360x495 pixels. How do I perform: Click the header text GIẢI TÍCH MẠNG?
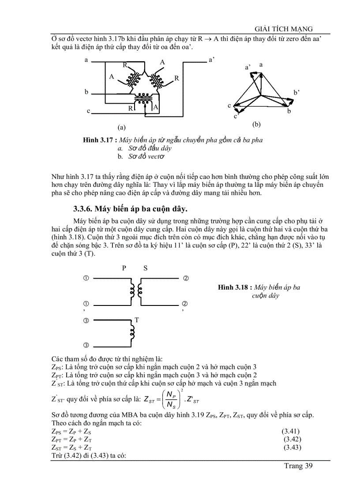click(280, 29)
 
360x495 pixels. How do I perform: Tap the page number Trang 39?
click(298, 466)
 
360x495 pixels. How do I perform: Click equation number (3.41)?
click(291, 431)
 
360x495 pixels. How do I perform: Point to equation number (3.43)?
click(292, 447)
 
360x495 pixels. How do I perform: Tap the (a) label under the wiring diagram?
click(122, 127)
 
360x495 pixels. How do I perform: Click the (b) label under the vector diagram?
click(256, 124)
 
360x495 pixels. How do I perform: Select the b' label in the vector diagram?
click(296, 93)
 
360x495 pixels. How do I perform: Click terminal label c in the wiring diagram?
click(88, 111)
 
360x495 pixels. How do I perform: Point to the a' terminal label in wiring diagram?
click(211, 60)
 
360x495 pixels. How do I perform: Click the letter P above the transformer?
click(124, 268)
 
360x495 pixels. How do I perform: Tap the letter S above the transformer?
click(146, 268)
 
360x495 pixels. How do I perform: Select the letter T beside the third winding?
click(137, 320)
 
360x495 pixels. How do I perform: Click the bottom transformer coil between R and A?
click(142, 102)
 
